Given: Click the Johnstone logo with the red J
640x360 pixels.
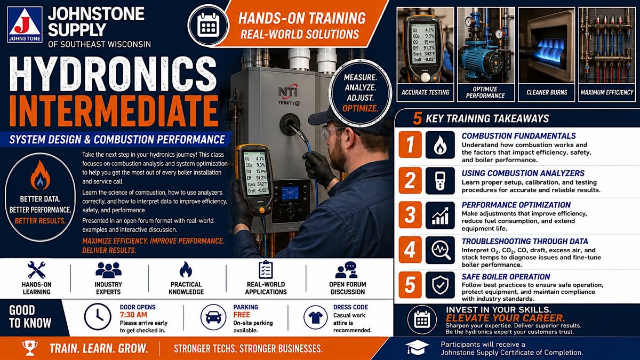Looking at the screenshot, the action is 25,25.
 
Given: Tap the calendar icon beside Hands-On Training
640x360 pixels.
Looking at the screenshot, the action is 209,25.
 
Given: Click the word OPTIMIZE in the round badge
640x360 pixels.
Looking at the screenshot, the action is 361,109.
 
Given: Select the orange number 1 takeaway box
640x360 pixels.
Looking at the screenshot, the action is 410,145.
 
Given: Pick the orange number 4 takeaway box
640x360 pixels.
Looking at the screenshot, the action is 410,250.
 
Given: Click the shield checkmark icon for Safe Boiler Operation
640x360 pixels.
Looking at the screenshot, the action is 440,285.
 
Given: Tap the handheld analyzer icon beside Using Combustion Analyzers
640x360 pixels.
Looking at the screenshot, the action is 440,181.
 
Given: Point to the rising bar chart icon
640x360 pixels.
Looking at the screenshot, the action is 440,215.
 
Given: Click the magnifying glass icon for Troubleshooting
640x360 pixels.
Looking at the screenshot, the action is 440,250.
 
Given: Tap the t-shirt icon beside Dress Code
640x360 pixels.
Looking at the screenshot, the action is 315,317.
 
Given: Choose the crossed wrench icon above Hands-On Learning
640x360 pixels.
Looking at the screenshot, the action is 36,270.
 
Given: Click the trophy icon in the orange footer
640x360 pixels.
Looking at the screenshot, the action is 30,348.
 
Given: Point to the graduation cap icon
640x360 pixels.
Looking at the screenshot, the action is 417,347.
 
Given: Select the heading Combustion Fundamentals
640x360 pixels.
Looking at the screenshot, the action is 518,136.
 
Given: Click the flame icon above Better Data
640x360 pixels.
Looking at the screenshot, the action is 41,175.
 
